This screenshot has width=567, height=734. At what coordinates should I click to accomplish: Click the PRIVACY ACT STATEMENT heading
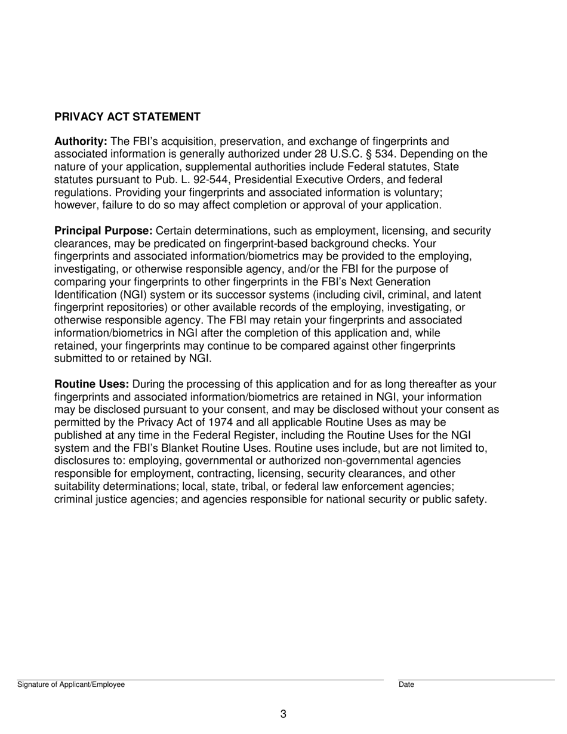127,117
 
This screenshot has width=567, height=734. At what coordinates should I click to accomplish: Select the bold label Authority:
81,141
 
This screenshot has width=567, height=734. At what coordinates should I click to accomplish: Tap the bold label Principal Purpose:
103,231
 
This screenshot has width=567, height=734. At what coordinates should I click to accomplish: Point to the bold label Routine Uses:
91,385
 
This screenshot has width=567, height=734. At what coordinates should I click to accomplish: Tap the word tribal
254,487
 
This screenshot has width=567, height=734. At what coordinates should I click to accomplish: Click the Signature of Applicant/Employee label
71,685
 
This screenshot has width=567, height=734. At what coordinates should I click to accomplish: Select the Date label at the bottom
406,685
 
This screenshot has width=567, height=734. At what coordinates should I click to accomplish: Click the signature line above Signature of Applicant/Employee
200,680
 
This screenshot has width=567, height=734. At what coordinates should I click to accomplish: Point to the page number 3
283,714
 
